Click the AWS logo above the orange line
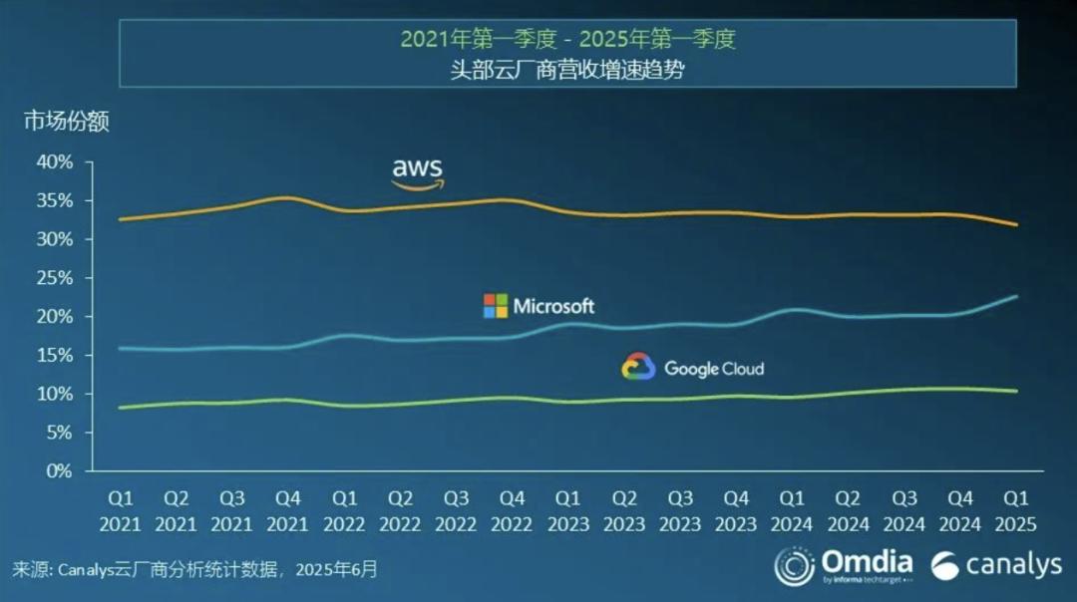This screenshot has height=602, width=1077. pyautogui.click(x=417, y=171)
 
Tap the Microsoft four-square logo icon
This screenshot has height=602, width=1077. pyautogui.click(x=496, y=306)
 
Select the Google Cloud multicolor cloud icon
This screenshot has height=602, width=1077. pyautogui.click(x=638, y=368)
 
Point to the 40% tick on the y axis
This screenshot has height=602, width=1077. pyautogui.click(x=55, y=161)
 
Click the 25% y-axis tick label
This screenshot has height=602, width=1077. pyautogui.click(x=55, y=278)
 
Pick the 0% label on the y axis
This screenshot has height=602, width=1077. pyautogui.click(x=60, y=471)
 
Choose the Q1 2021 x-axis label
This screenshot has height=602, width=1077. pyautogui.click(x=121, y=510)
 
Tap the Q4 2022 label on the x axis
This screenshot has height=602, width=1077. pyautogui.click(x=512, y=510)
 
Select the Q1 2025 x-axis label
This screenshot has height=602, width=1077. pyautogui.click(x=1016, y=510)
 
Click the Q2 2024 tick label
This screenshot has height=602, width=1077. pyautogui.click(x=848, y=510)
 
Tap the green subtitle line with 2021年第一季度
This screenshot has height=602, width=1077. pyautogui.click(x=567, y=40)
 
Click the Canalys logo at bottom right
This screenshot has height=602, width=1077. pyautogui.click(x=996, y=566)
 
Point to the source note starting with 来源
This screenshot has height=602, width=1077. pyautogui.click(x=195, y=570)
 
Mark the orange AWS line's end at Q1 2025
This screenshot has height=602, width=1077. pyautogui.click(x=1016, y=225)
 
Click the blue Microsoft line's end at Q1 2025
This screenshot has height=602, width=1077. pyautogui.click(x=1016, y=296)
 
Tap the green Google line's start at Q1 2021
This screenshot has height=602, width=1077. pyautogui.click(x=121, y=408)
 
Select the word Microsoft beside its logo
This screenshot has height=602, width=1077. pyautogui.click(x=553, y=306)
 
